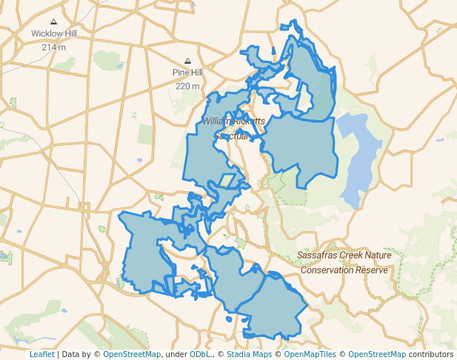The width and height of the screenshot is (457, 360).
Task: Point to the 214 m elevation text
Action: click(53, 47)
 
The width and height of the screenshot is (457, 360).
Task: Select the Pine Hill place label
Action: click(187, 73)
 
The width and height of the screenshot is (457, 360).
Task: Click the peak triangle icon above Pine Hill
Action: click(187, 61)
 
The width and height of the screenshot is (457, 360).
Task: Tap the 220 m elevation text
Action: click(187, 86)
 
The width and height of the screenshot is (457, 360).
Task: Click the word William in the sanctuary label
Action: click(218, 121)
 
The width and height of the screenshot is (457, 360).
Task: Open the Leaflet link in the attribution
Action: click(41, 354)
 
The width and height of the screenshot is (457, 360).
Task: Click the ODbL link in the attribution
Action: click(199, 354)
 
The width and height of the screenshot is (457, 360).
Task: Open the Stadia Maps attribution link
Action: click(247, 354)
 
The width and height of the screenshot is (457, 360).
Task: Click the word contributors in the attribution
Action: click(430, 354)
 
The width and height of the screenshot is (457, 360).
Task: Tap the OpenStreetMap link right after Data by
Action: click(132, 354)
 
